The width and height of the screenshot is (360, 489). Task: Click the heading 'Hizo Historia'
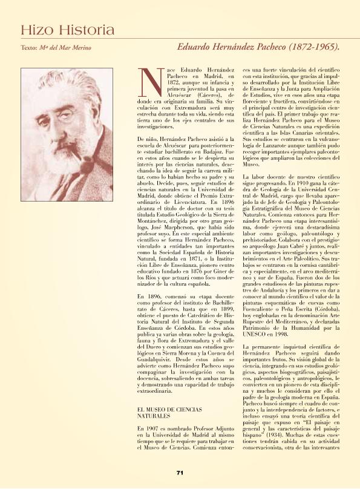point(67,30)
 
